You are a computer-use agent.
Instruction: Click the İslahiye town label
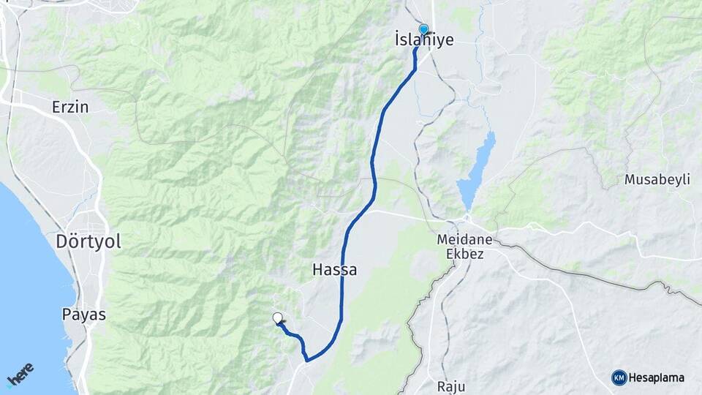pyautogui.click(x=424, y=40)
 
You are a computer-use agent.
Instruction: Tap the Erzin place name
pyautogui.click(x=70, y=107)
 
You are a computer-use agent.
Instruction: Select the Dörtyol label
pyautogui.click(x=88, y=241)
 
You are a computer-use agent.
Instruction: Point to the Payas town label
pyautogui.click(x=84, y=315)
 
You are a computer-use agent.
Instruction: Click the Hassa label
pyautogui.click(x=335, y=269)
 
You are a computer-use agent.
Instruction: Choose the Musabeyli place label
pyautogui.click(x=657, y=180)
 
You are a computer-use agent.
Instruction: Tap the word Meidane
pyautogui.click(x=464, y=240)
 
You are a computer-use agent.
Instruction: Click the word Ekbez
pyautogui.click(x=465, y=254)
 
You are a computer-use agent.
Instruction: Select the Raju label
pyautogui.click(x=450, y=386)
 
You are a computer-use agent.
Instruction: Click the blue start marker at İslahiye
pyautogui.click(x=423, y=29)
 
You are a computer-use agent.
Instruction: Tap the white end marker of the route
pyautogui.click(x=278, y=318)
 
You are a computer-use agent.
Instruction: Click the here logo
pyautogui.click(x=20, y=375)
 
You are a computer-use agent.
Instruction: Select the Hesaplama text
pyautogui.click(x=657, y=377)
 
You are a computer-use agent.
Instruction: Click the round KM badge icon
pyautogui.click(x=619, y=377)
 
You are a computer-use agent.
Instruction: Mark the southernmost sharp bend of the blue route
pyautogui.click(x=307, y=360)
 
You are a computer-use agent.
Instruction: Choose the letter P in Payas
pyautogui.click(x=67, y=315)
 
